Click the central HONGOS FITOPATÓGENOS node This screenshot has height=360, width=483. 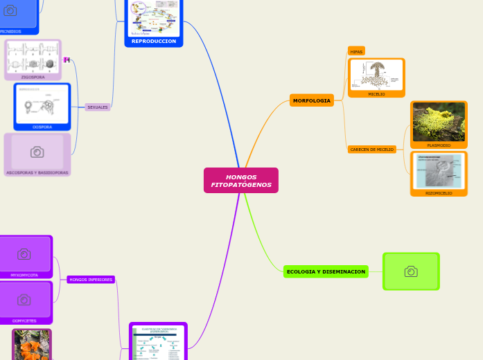pyautogui.click(x=241, y=181)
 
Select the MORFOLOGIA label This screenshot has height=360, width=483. pyautogui.click(x=311, y=100)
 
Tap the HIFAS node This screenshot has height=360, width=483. pyautogui.click(x=356, y=51)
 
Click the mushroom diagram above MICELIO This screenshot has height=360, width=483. pyautogui.click(x=376, y=75)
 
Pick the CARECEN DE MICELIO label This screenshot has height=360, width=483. pyautogui.click(x=371, y=149)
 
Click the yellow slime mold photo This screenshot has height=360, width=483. pyautogui.click(x=439, y=122)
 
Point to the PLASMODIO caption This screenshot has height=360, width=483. pyautogui.click(x=439, y=145)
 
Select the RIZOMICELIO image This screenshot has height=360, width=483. pyautogui.click(x=439, y=171)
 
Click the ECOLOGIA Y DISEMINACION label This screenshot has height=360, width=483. pyautogui.click(x=326, y=271)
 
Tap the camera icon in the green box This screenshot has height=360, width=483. pyautogui.click(x=411, y=271)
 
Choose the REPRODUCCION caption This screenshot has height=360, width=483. pyautogui.click(x=154, y=42)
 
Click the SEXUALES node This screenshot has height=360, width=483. pyautogui.click(x=98, y=107)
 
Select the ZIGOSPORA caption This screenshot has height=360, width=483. pyautogui.click(x=33, y=77)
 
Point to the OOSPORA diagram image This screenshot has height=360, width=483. pyautogui.click(x=42, y=105)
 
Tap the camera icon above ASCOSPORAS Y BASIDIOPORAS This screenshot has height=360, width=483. pyautogui.click(x=37, y=152)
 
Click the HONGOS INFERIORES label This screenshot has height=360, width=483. pyautogui.click(x=91, y=280)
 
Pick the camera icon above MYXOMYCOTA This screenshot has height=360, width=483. pyautogui.click(x=24, y=254)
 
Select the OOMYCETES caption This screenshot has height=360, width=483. pyautogui.click(x=24, y=321)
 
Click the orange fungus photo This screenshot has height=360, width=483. pyautogui.click(x=32, y=345)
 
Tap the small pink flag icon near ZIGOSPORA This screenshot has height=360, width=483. pyautogui.click(x=67, y=60)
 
